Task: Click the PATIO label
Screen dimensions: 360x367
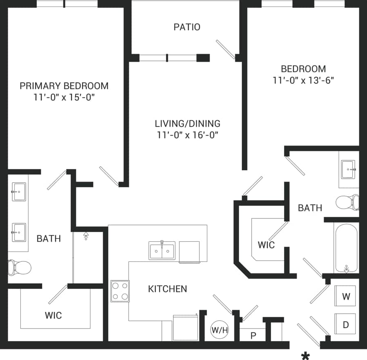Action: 187,27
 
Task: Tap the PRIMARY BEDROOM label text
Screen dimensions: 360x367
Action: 64,86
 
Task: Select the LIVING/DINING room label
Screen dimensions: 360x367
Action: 187,123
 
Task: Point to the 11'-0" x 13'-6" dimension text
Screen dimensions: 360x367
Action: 304,81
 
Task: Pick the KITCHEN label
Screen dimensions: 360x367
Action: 167,289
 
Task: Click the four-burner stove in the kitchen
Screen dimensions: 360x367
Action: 120,291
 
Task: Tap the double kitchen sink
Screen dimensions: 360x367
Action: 162,250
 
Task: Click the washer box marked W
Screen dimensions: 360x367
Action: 345,296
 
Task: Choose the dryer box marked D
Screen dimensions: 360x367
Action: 345,325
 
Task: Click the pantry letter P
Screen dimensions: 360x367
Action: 253,335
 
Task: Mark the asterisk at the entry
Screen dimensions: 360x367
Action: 305,355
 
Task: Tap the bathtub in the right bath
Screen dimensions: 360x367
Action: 346,248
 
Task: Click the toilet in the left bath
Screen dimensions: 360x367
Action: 20,268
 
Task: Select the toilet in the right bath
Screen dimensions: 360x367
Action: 347,202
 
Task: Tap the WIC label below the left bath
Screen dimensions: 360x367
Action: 53,315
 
